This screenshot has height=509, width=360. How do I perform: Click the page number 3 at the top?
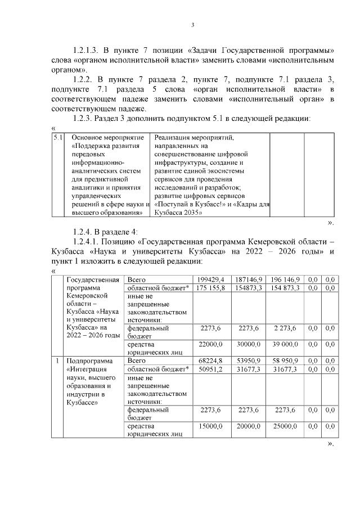[193, 24]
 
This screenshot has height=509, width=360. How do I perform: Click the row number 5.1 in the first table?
[57, 137]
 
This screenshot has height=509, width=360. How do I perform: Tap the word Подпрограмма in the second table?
[90, 361]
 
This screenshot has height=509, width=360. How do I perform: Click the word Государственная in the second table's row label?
[93, 280]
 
